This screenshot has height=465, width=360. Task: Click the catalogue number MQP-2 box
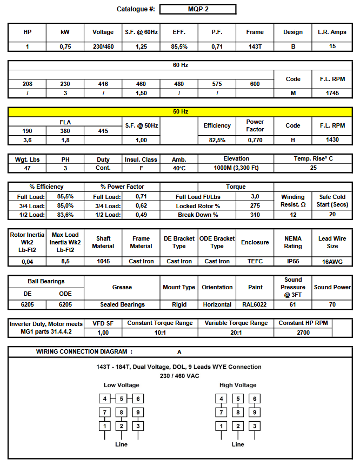[198, 9]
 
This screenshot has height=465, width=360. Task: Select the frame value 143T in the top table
[255, 47]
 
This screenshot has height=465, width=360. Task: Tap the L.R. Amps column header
[332, 32]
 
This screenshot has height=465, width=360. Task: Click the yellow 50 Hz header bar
[180, 112]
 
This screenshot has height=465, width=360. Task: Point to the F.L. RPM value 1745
[332, 93]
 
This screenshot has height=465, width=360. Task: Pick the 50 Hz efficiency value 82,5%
[217, 140]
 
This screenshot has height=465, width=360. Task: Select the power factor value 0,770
[255, 140]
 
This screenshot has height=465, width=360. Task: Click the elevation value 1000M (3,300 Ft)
[236, 168]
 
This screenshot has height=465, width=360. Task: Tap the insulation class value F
[141, 168]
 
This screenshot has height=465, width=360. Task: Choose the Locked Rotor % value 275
[255, 206]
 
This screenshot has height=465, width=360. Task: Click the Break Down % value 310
[255, 215]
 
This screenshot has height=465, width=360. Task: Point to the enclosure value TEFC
[255, 261]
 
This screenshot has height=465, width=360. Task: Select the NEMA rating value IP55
[293, 261]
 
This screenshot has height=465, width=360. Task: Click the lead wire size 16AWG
[332, 261]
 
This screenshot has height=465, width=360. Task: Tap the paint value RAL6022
[255, 304]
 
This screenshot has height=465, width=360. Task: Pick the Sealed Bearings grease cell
[122, 304]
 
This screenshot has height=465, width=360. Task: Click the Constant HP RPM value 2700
[303, 333]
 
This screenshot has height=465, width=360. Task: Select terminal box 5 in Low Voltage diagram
[122, 399]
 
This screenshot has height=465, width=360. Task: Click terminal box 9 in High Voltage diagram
[255, 412]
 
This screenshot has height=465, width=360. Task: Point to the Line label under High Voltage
[238, 444]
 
